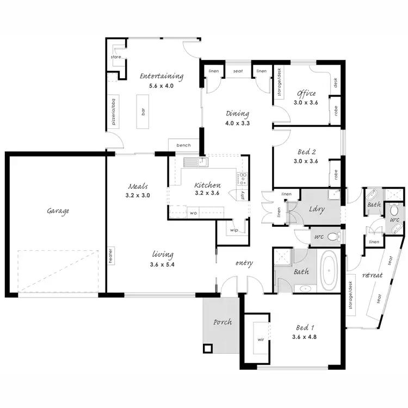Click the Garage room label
tap(58, 211)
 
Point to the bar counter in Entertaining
tap(143, 113)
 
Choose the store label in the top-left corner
tap(116, 57)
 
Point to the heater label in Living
tap(110, 256)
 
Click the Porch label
tap(222, 322)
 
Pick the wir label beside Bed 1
tap(260, 341)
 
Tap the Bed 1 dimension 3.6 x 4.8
tap(304, 337)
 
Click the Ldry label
tap(317, 209)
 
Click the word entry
tap(243, 263)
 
